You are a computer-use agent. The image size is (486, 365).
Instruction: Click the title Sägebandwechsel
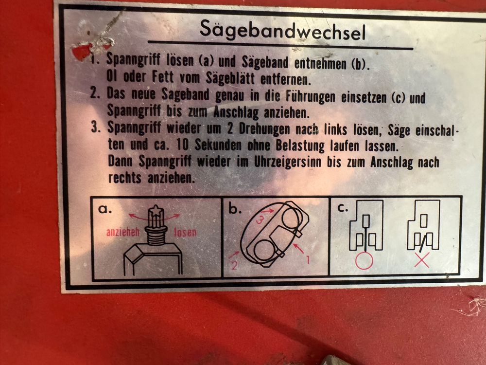[283, 30]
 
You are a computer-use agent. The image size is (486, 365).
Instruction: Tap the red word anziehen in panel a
[123, 232]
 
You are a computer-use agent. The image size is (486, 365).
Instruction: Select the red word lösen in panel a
[185, 232]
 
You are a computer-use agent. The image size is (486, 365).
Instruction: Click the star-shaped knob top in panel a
[156, 211]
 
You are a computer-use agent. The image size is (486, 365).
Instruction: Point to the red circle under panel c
[364, 261]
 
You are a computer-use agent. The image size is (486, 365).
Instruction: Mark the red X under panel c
[422, 260]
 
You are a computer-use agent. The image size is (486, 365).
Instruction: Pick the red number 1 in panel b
[308, 259]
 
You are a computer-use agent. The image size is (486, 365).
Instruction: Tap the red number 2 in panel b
[234, 265]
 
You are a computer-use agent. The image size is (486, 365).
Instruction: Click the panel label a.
[104, 209]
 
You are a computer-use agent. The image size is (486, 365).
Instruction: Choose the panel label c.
[343, 208]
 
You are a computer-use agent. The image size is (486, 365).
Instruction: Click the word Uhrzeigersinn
[287, 163]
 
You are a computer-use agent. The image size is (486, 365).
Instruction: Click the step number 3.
[95, 127]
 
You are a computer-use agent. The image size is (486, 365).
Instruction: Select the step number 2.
[95, 92]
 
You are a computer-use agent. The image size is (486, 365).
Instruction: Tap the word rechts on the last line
[124, 178]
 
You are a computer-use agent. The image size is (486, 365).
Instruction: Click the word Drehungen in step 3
[264, 129]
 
